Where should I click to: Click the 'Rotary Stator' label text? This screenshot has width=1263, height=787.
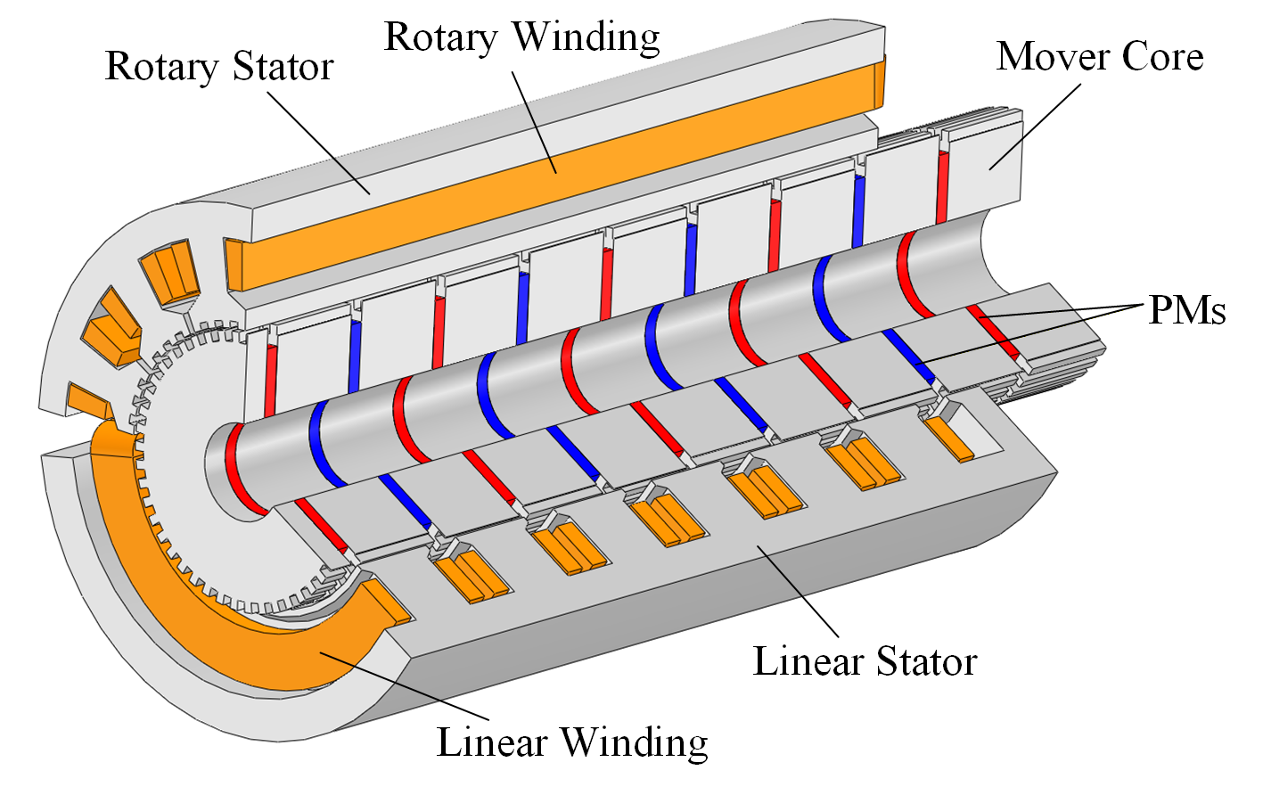point(219,67)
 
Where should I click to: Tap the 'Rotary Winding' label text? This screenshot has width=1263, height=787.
point(521,37)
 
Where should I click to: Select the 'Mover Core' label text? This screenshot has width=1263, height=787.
point(1100,56)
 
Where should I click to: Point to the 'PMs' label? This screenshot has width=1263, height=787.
point(1187,310)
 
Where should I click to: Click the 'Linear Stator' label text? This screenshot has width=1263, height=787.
point(865,662)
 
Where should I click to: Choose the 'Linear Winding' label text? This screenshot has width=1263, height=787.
point(572,742)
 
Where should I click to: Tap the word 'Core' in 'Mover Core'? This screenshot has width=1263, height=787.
point(1162,56)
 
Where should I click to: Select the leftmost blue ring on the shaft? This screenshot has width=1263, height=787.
point(319,441)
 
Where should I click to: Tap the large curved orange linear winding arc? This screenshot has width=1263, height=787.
point(205,624)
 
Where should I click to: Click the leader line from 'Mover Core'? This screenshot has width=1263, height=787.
point(1034,125)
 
